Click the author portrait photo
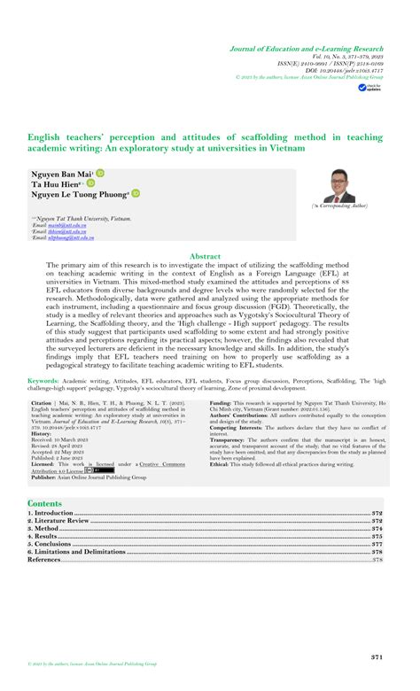[x=339, y=185]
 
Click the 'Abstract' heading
[x=206, y=255]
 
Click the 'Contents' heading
[x=45, y=503]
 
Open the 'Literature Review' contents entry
[x=62, y=521]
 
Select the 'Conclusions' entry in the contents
[x=55, y=544]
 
